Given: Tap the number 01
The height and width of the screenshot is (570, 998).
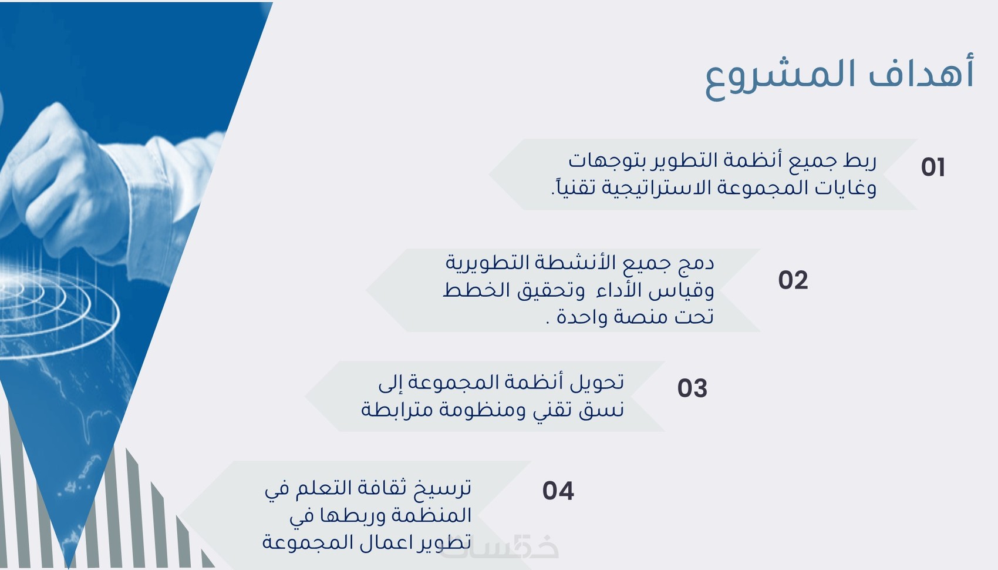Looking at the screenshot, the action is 933,167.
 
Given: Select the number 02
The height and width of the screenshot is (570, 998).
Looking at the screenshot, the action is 793,280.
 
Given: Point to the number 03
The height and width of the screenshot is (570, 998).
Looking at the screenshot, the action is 692,388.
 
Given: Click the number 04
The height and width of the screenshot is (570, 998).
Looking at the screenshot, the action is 558,491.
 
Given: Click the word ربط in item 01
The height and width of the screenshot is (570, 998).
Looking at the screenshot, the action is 860,160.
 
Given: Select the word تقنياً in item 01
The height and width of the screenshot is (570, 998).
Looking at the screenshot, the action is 574,187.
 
